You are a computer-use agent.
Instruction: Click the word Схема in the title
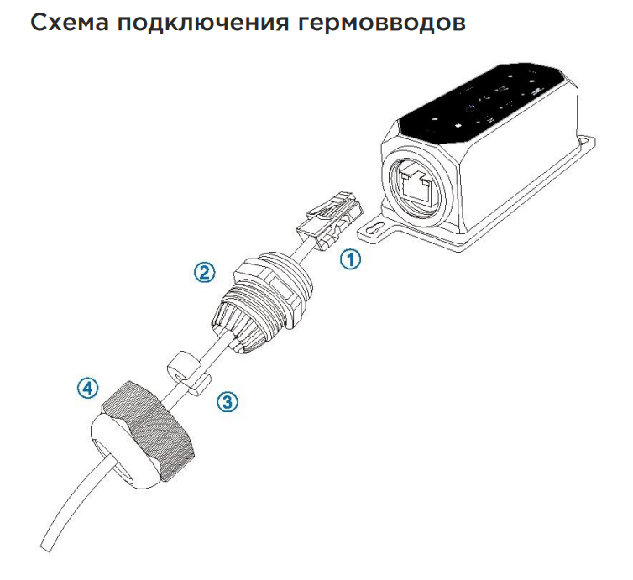tap(70, 23)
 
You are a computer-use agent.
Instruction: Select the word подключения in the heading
tap(203, 24)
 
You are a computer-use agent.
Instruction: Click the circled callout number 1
tap(350, 259)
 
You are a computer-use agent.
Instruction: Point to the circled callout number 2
tap(204, 272)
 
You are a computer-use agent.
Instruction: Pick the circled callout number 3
tap(228, 401)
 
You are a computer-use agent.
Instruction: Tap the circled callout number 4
tap(87, 388)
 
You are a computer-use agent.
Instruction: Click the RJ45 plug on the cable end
tap(329, 220)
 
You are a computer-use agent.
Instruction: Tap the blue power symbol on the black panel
tap(469, 108)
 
